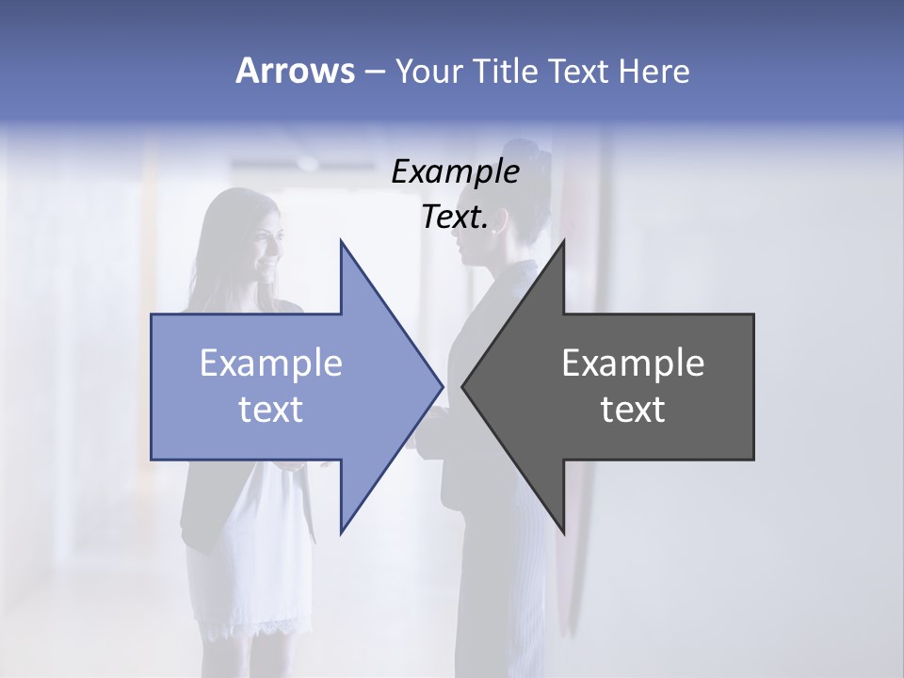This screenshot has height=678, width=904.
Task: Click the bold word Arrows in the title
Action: [x=295, y=71]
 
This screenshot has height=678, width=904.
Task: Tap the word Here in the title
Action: [x=654, y=71]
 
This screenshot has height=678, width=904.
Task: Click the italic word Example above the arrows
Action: [x=455, y=171]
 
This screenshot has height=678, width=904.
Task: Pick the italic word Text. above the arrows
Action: [x=455, y=217]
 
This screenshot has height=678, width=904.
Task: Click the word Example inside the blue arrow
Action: [x=270, y=363]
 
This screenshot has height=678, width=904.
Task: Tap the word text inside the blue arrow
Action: [x=270, y=409]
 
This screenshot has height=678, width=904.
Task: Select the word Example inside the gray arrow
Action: [x=633, y=363]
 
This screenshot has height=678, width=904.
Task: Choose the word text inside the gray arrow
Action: [x=633, y=409]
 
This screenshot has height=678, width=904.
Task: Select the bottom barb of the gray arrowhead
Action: [x=562, y=529]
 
